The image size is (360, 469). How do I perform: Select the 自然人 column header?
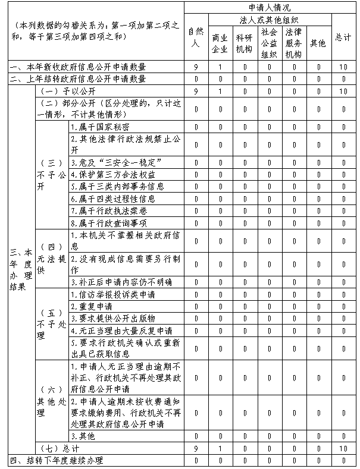(195, 37)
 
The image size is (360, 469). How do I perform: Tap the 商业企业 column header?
(220, 43)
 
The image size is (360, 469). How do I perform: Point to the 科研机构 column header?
(244, 43)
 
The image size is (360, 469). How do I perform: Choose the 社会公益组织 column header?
(268, 43)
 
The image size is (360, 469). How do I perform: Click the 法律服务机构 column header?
(293, 43)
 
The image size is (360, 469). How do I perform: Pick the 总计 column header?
(343, 37)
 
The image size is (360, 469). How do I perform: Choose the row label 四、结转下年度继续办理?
(57, 460)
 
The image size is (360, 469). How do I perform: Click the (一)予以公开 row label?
(65, 91)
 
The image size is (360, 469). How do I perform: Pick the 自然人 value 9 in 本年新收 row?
(195, 67)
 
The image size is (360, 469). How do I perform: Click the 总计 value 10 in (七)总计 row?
(343, 448)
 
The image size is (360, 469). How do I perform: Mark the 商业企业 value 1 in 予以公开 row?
(220, 91)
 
